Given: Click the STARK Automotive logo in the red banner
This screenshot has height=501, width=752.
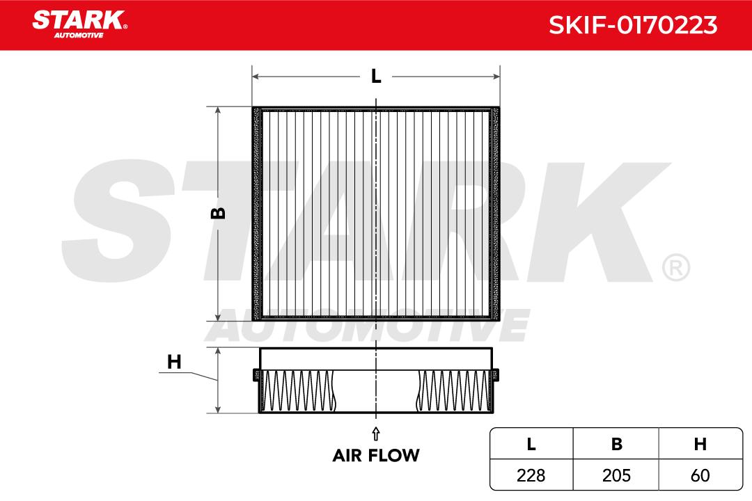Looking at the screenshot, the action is [x=79, y=24].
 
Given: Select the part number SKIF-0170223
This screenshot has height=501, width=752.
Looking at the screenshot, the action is [x=632, y=25].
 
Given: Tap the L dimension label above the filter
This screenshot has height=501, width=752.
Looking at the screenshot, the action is [x=376, y=77].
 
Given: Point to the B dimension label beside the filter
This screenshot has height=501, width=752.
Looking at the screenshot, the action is [x=218, y=213].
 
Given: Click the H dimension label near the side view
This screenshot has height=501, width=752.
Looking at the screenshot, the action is [x=174, y=362].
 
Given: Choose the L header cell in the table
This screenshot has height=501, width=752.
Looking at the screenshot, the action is [x=531, y=444].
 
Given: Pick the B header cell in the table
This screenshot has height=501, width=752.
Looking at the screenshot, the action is [x=617, y=444].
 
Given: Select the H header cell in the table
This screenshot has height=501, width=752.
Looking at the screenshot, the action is [x=700, y=444].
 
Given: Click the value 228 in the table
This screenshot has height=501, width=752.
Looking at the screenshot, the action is [x=531, y=475].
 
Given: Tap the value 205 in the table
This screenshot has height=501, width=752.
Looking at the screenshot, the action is [x=617, y=475].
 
